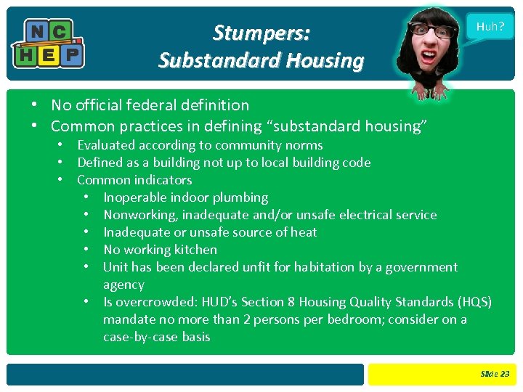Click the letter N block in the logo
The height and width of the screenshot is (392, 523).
35,31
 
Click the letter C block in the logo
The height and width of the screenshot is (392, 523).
60,31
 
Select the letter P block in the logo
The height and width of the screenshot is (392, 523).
71,54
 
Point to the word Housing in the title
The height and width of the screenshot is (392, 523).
324,61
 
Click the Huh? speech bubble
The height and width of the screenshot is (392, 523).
490,26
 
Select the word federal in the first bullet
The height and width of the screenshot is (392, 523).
163,105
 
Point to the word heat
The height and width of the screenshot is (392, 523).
302,232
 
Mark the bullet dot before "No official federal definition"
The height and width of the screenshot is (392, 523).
34,106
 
